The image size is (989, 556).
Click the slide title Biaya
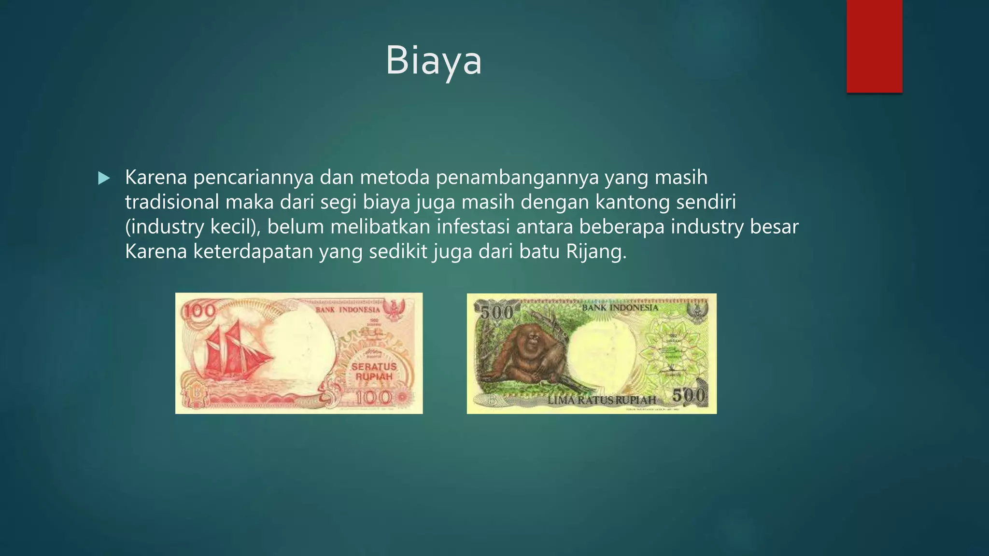433,61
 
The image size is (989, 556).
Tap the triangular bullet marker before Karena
103,179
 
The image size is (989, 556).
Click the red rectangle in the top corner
874,46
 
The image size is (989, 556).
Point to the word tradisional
172,202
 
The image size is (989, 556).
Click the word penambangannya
517,177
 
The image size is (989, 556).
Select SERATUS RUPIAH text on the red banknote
374,372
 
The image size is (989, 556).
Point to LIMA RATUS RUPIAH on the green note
602,400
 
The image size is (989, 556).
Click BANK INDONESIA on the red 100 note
348,309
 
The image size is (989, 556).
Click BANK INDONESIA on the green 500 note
620,307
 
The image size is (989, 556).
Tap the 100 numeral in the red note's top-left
200,311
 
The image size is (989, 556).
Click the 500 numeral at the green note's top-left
496,313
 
